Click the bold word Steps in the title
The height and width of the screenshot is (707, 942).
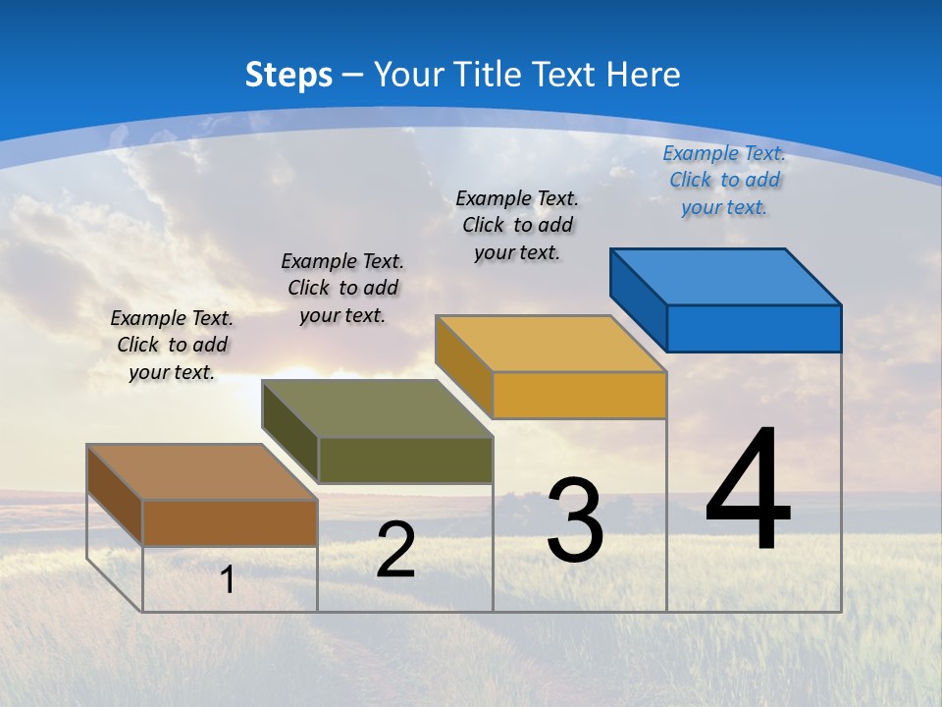288,75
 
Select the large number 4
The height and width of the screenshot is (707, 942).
748,491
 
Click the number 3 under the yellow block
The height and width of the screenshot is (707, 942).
575,520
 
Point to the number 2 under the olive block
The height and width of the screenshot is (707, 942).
395,550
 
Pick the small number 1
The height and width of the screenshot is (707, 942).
228,579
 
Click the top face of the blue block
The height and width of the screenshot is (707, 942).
726,276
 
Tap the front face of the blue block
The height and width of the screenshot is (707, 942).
754,328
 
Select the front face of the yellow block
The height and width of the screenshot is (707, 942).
579,395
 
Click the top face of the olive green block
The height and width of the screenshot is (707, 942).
377,408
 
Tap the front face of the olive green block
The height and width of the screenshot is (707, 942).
405,460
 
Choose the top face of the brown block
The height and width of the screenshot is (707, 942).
202,472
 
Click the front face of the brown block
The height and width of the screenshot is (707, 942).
230,522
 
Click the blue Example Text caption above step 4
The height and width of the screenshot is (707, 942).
724,180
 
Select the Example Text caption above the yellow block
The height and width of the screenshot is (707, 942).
517,225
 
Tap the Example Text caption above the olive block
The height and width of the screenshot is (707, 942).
342,288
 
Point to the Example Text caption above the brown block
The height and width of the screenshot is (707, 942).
172,345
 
